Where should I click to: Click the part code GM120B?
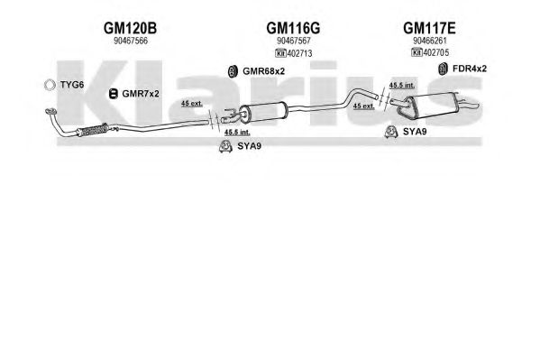tap(130, 28)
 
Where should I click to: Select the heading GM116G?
tap(293, 28)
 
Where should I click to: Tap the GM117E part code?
tap(429, 28)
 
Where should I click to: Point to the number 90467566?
tap(131, 41)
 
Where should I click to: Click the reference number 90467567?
tap(294, 41)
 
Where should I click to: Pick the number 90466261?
tap(430, 41)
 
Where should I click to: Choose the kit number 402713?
tap(299, 53)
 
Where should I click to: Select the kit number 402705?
tap(436, 52)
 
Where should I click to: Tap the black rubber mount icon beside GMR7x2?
tap(113, 94)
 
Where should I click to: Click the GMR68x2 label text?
tap(264, 71)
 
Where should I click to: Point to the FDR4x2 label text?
tap(470, 69)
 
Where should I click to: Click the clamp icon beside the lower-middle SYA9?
tap(225, 146)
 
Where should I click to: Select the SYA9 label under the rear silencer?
tap(415, 132)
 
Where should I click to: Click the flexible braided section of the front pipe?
tap(93, 130)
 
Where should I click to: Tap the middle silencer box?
tap(263, 112)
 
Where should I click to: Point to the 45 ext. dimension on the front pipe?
tap(192, 103)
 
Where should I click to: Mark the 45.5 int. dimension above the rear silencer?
tap(402, 85)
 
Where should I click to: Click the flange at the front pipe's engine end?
tap(51, 111)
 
